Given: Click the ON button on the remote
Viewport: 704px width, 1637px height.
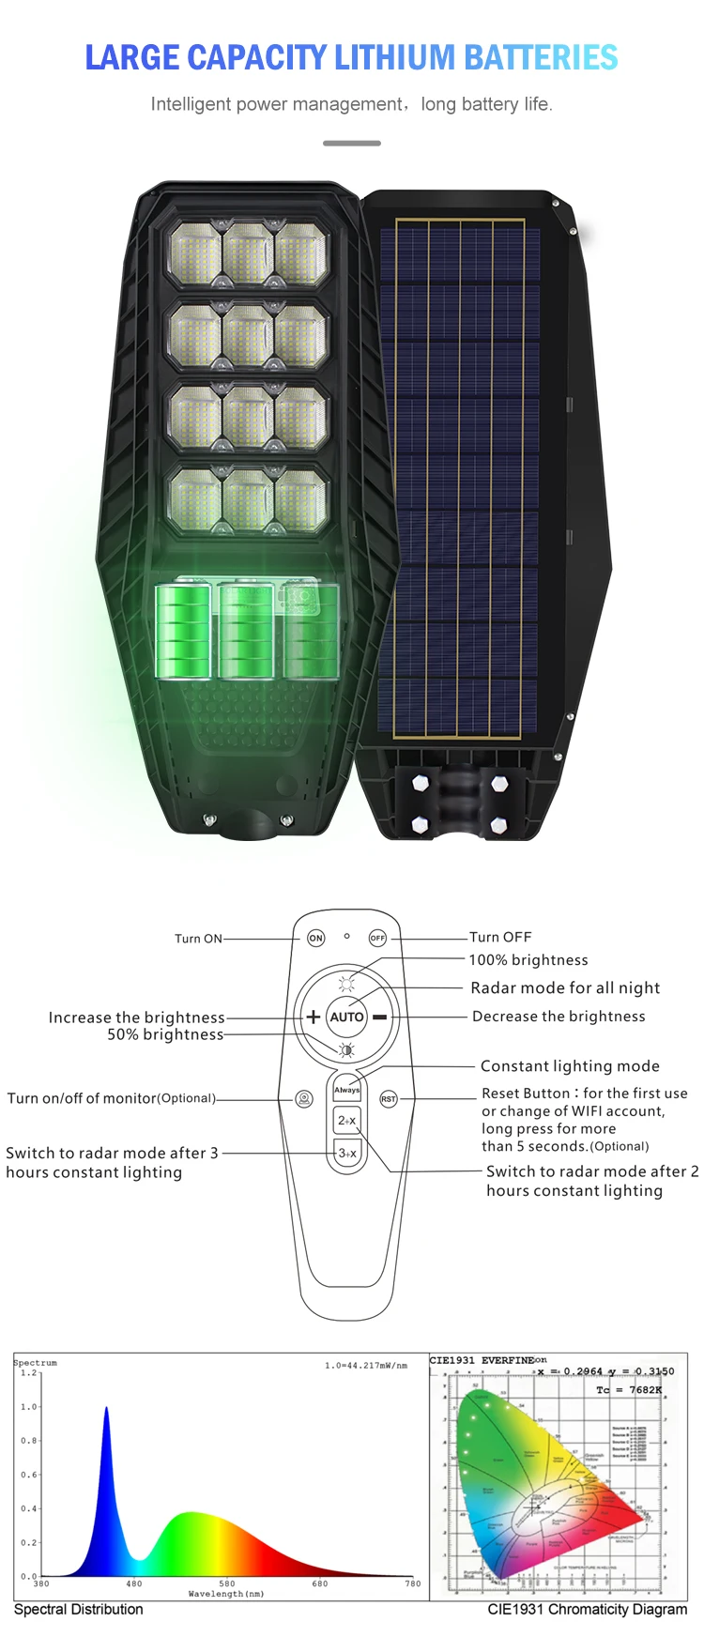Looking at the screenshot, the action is click(316, 938).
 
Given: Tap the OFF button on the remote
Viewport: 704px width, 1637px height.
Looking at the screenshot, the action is click(377, 938).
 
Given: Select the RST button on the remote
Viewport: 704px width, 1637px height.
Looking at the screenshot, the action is click(389, 1098).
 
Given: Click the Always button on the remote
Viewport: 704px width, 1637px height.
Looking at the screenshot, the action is click(347, 1090).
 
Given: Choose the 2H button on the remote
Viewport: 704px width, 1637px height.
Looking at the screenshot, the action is click(347, 1121).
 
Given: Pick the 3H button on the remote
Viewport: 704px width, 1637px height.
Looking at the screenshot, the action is click(347, 1153).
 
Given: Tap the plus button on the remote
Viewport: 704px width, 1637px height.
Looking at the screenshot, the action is click(313, 1017).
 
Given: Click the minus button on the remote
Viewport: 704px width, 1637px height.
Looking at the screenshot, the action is click(380, 1017).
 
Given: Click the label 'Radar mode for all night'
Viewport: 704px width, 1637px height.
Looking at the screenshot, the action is click(565, 987).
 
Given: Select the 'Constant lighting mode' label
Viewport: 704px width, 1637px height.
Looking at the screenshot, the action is click(570, 1065).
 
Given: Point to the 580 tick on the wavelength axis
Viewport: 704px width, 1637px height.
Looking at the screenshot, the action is click(227, 1583).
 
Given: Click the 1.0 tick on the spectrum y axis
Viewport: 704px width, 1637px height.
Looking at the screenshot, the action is click(29, 1407).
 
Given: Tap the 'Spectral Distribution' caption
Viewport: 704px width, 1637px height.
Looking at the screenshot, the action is click(79, 1609).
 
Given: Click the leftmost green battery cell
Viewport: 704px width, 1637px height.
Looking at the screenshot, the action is click(183, 630).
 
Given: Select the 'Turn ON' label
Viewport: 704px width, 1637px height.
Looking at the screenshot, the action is click(198, 938).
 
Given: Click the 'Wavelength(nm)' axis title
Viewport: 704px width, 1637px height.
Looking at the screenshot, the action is click(226, 1594).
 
